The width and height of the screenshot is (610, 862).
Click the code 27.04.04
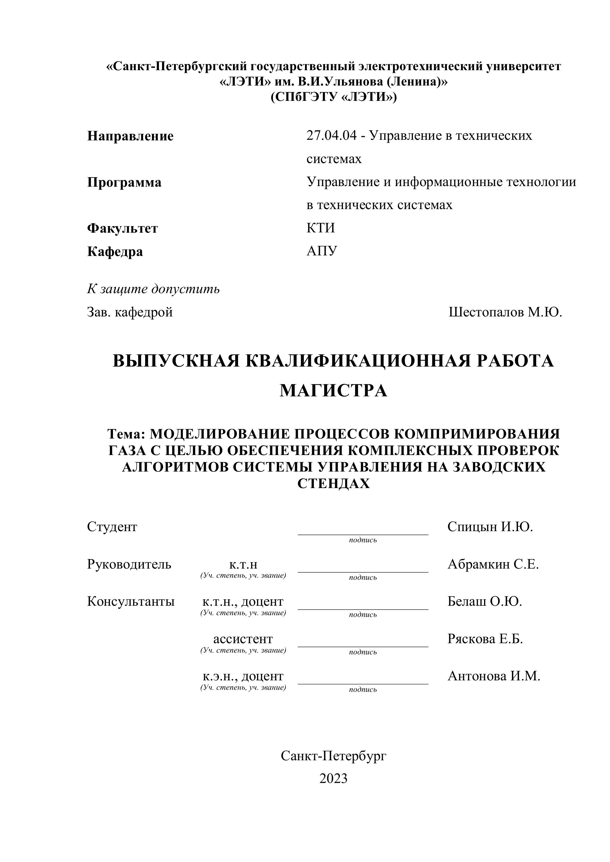331,136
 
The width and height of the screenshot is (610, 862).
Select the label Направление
130,136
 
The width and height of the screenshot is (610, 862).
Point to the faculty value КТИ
320,228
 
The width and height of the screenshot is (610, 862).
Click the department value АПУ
322,251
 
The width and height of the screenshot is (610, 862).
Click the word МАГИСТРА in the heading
334,391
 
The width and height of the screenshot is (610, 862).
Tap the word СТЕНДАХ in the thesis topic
334,484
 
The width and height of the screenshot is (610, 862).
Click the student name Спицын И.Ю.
490,527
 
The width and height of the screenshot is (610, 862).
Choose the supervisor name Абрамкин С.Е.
493,564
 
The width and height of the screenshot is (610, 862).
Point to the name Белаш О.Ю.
485,601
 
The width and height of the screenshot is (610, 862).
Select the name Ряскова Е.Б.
485,639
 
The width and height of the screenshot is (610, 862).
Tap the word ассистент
243,639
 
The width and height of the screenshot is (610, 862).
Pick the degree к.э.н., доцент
243,676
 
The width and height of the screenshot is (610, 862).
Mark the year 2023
334,779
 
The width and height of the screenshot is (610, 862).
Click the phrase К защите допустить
153,289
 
